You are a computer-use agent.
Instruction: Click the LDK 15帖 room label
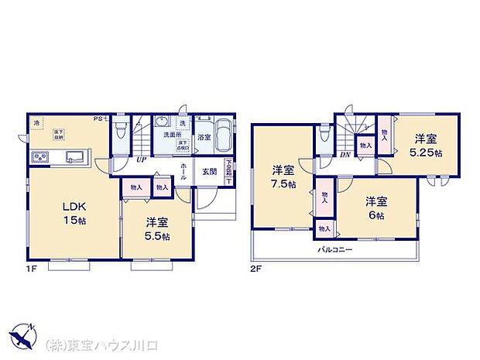[75, 213]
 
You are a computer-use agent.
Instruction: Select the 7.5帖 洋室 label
[283, 176]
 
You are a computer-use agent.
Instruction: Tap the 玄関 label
[210, 172]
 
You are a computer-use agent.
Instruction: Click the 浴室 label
[204, 138]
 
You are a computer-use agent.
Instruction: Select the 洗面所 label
[171, 133]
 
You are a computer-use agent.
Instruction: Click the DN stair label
[345, 154]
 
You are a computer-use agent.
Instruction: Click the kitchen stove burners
[41, 158]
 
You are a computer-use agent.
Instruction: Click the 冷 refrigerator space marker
[36, 122]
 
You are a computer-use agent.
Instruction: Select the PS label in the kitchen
[100, 118]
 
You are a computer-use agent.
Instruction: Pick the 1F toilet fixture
[118, 132]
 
